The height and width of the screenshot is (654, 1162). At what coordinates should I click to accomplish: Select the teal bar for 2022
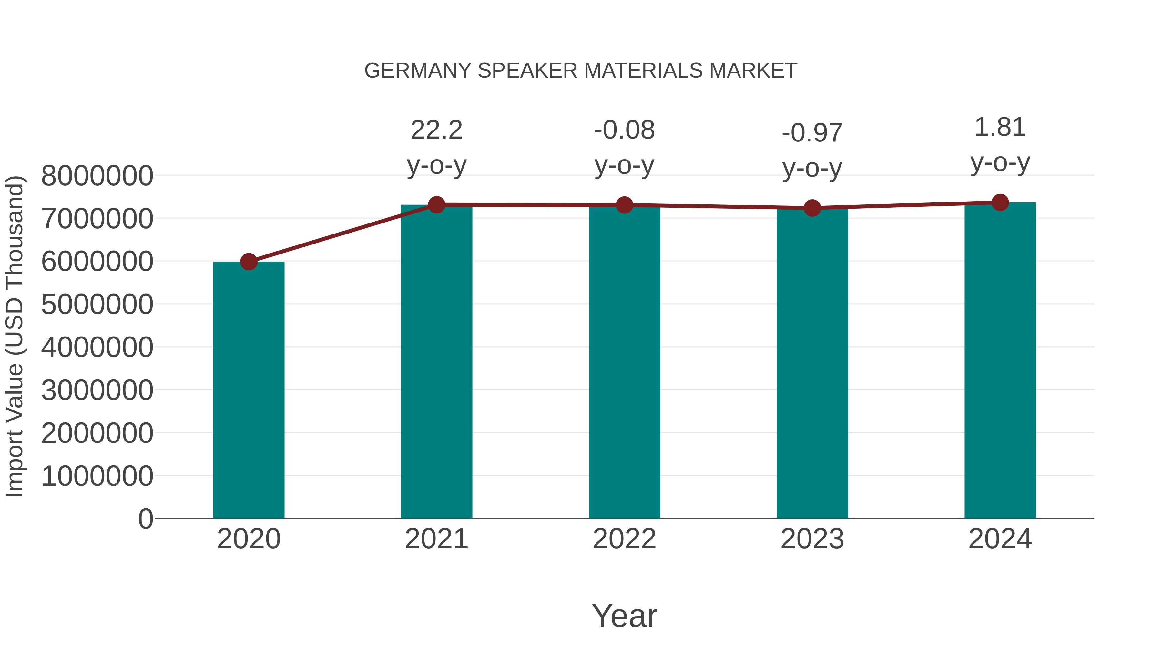click(624, 361)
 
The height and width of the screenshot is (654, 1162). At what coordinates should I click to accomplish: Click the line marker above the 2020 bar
click(249, 261)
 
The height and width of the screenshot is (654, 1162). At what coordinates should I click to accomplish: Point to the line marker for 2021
click(436, 204)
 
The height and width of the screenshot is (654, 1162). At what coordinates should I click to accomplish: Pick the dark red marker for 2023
click(812, 208)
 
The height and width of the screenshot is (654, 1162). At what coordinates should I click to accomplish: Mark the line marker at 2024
click(1000, 202)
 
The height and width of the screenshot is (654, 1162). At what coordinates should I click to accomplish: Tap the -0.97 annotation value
click(812, 133)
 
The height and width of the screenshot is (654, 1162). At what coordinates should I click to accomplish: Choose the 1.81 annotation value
click(1000, 127)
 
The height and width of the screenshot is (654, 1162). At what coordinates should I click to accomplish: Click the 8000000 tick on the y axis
click(97, 176)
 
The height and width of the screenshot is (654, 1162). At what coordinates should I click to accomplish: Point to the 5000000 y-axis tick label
click(97, 304)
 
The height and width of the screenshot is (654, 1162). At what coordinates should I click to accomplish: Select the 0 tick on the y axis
click(145, 519)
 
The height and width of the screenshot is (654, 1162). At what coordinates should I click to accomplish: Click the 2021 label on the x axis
click(436, 539)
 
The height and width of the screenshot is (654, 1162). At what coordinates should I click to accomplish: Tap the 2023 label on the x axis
click(812, 539)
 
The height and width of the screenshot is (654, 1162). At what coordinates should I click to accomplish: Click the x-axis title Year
click(624, 616)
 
